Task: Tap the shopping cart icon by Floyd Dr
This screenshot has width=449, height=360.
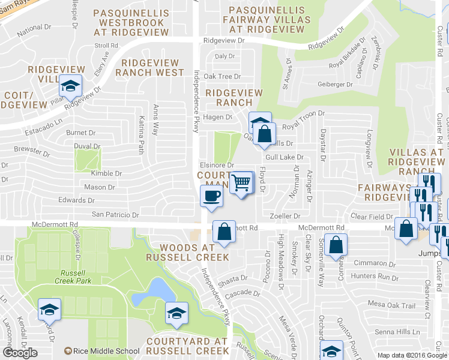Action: pos(241,181)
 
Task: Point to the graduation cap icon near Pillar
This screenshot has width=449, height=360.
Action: pos(71,86)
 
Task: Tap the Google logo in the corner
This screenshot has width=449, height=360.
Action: pos(20,353)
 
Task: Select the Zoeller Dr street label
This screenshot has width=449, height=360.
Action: pos(285,215)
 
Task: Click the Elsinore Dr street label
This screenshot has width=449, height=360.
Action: pos(216,165)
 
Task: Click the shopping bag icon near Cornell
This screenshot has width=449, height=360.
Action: pos(337,244)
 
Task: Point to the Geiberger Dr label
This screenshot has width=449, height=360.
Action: pos(337,84)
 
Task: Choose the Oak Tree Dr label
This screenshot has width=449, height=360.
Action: pos(221,76)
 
